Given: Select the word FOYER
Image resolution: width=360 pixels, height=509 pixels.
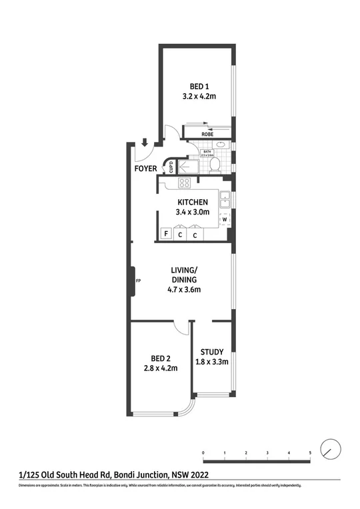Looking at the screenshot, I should click(x=145, y=169).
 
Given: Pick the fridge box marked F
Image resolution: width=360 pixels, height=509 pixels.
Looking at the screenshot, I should click(x=165, y=234).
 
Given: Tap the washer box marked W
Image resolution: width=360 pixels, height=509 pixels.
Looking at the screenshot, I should click(x=225, y=219).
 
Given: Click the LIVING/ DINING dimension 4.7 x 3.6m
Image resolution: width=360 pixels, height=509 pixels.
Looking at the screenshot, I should click(x=184, y=289).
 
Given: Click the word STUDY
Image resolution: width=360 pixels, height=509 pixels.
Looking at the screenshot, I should click(x=212, y=352).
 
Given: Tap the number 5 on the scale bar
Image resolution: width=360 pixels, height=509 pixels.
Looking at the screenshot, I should click(x=310, y=453).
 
